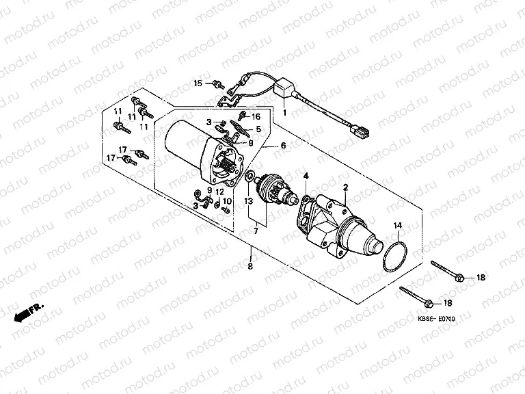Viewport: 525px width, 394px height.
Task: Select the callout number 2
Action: pos(346,187)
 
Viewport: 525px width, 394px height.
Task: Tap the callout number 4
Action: pos(306,176)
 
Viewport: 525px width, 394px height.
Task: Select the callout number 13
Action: pos(250,200)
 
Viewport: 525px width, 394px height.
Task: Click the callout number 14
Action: pos(397,224)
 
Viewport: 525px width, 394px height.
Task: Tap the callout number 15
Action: pos(198,83)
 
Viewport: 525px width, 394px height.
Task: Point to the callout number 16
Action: pos(256,117)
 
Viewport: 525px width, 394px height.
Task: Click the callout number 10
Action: pos(227,200)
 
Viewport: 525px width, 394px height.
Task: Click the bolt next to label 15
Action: pos(217,84)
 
